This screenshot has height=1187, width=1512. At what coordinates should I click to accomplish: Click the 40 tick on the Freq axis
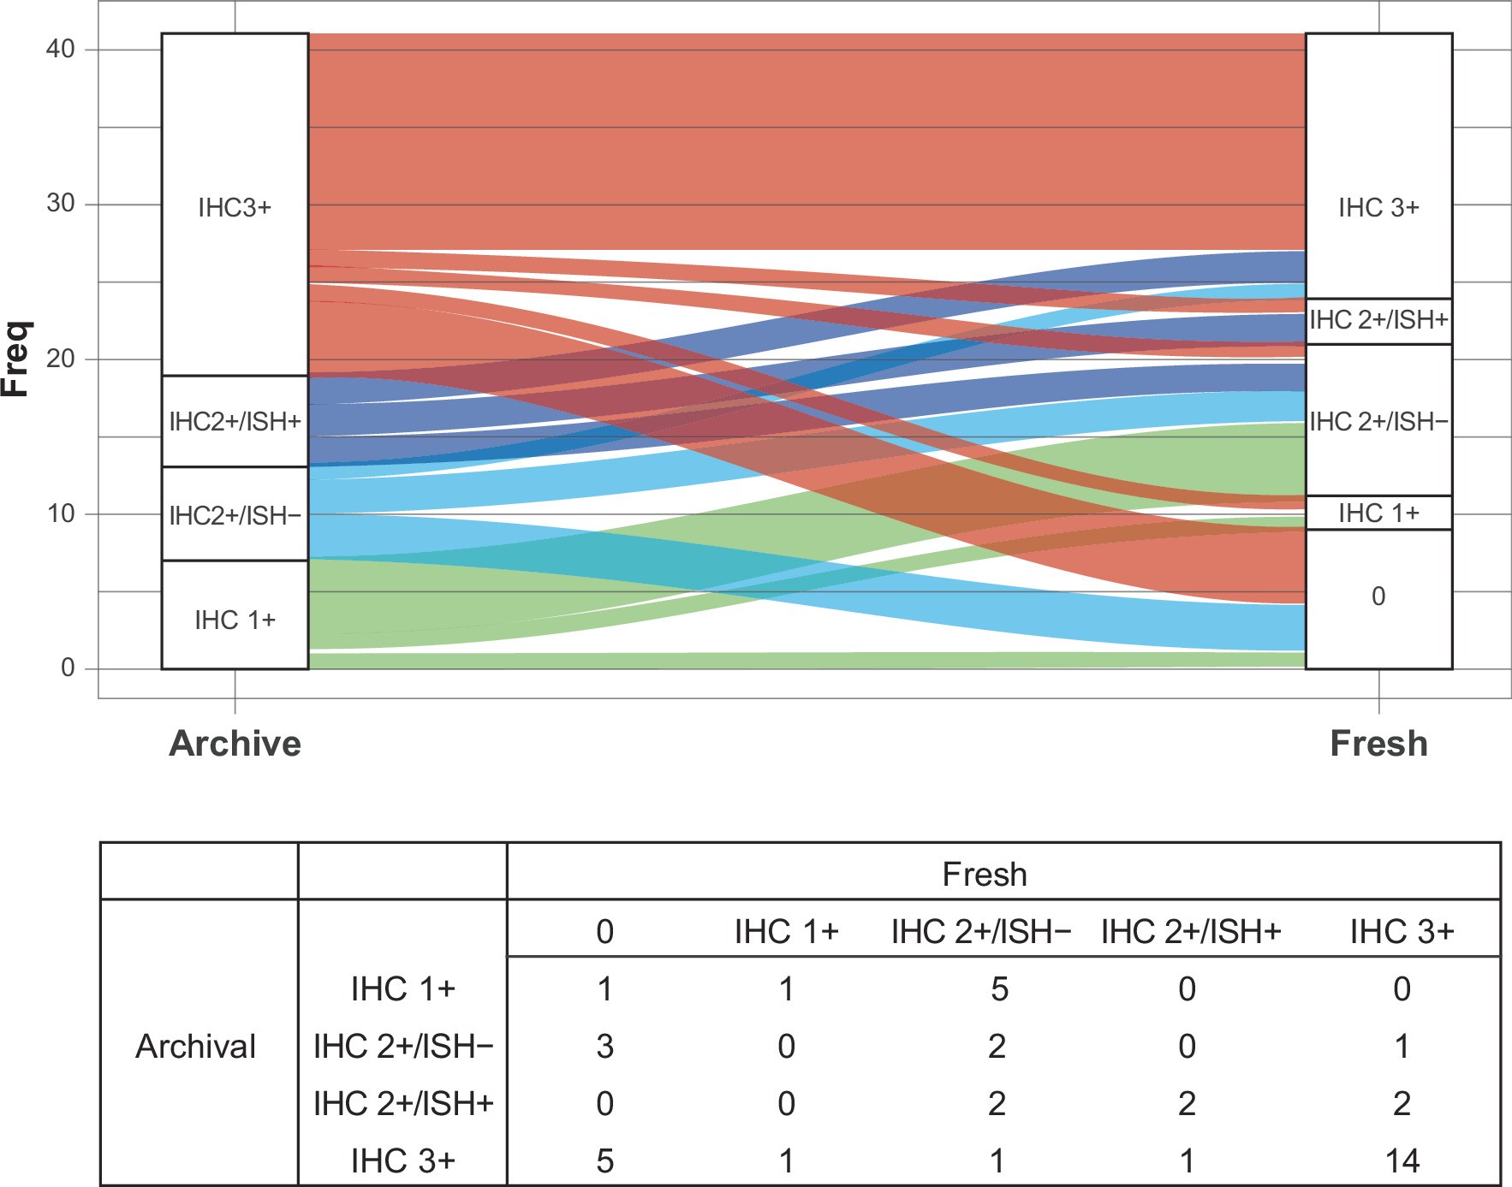61,50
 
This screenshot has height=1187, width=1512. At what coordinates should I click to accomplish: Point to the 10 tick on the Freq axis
61,514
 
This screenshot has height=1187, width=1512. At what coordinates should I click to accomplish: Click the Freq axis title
17,359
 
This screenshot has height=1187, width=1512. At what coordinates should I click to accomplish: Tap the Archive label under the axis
235,743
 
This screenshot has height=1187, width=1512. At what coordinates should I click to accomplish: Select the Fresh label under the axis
1378,743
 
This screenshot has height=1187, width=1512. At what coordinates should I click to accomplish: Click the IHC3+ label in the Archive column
235,208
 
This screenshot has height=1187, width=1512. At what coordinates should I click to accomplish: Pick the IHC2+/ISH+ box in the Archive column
235,421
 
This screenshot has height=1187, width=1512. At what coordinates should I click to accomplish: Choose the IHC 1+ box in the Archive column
235,619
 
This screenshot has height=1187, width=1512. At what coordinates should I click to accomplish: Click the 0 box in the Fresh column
1378,596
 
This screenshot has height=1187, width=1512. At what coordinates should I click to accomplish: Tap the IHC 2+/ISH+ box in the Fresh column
1378,321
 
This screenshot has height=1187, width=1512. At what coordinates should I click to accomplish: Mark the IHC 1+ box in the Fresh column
1378,513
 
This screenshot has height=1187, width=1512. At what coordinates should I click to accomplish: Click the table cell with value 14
1401,1161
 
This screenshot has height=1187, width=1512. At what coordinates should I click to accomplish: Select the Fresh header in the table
984,874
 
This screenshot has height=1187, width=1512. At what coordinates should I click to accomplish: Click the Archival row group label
196,1047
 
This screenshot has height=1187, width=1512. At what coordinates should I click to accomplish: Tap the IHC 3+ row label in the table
402,1161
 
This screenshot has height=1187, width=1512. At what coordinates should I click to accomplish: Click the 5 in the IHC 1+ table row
998,989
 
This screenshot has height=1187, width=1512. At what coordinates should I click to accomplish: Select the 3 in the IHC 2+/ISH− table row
604,1047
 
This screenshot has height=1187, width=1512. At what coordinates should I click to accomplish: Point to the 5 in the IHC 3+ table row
604,1161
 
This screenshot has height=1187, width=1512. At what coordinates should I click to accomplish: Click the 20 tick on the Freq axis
61,359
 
